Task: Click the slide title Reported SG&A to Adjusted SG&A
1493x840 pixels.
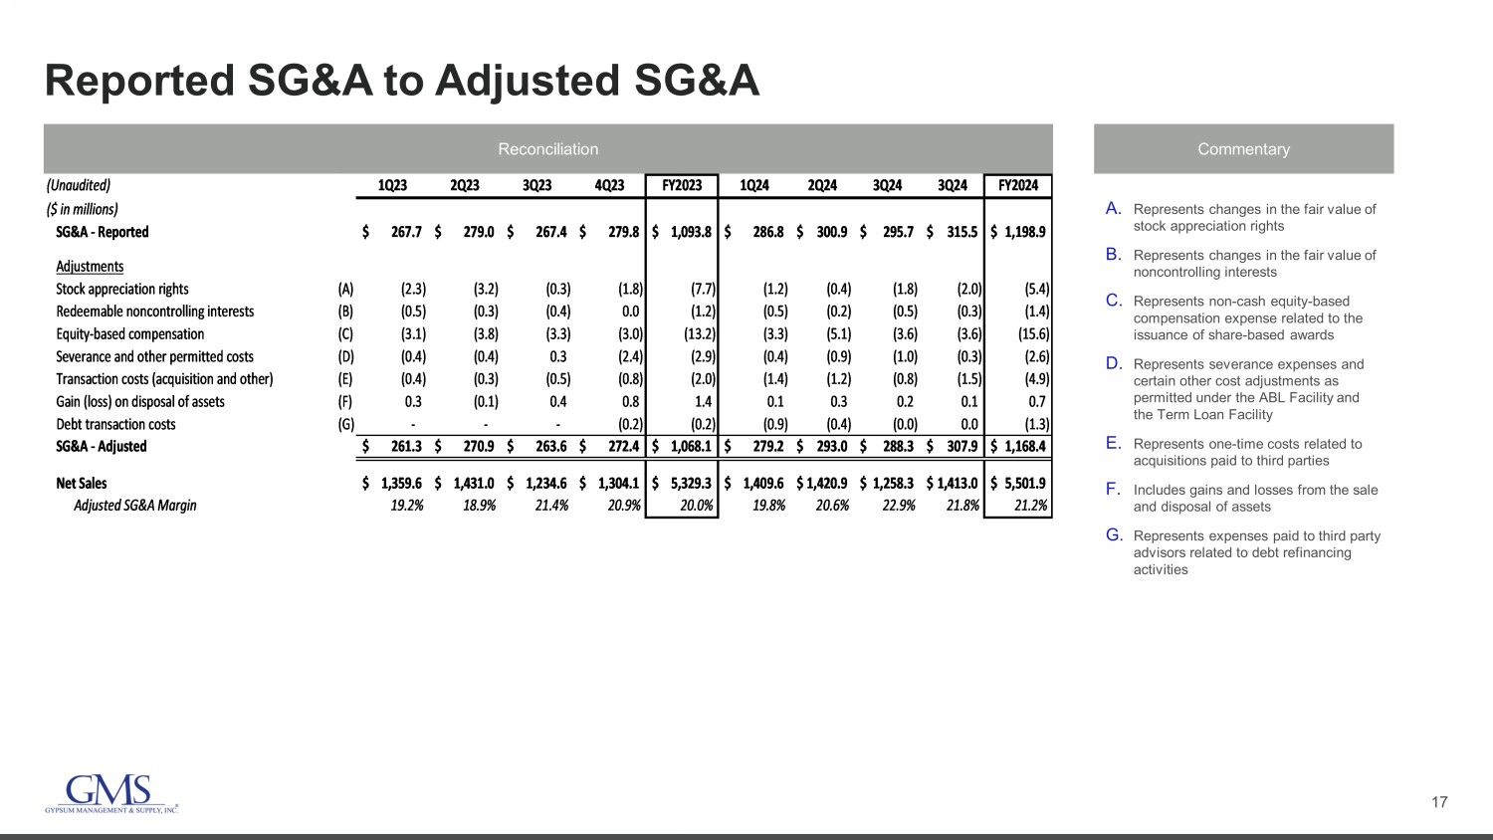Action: pos(402,81)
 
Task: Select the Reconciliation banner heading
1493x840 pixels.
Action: pos(547,149)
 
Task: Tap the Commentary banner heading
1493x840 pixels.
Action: pos(1243,149)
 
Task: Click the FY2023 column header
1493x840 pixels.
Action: pos(682,185)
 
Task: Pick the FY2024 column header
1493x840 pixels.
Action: pos(1017,185)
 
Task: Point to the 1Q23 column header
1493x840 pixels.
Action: pos(392,185)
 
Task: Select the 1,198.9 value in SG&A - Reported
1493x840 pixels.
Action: pos(1024,232)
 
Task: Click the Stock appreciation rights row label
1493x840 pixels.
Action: pos(122,289)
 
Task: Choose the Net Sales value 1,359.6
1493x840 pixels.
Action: pos(401,483)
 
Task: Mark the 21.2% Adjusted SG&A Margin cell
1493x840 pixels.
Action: pos(1030,506)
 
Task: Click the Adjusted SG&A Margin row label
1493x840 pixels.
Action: pos(135,506)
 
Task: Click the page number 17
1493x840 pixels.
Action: pos(1439,802)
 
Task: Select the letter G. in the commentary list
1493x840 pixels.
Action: pos(1114,535)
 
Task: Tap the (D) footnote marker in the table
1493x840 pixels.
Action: pos(345,356)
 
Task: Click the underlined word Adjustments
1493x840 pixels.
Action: pos(90,266)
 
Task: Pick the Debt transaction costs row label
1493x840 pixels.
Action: pos(115,424)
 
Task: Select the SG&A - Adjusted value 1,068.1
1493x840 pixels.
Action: pos(690,446)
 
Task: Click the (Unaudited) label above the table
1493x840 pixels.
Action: pos(79,185)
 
